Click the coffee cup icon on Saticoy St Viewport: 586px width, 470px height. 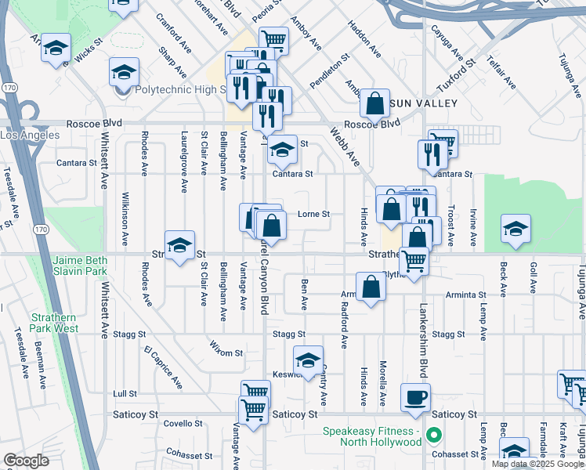click(415, 396)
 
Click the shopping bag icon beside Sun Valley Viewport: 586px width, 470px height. click(375, 103)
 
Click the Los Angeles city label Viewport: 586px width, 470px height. click(29, 136)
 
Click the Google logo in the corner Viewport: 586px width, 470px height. click(26, 461)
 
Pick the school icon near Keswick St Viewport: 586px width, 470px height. click(309, 360)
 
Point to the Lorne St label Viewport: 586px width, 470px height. click(313, 213)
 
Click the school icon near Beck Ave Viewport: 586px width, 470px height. click(515, 228)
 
